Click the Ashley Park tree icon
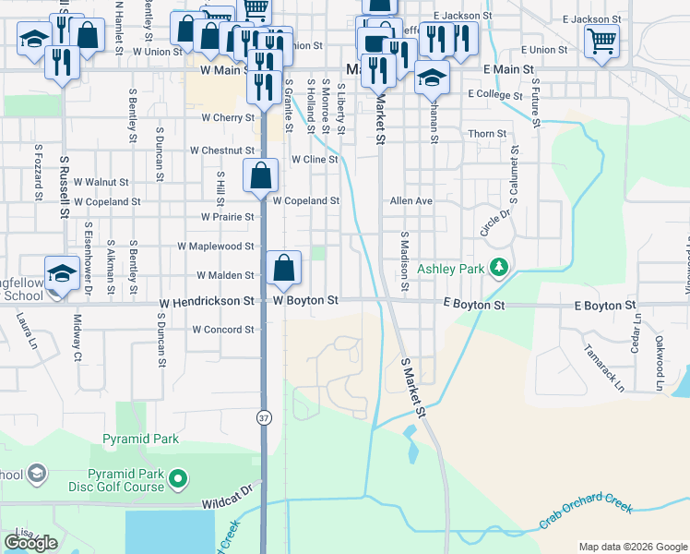click(x=500, y=268)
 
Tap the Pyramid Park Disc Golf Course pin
click(x=180, y=479)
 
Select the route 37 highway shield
click(x=265, y=417)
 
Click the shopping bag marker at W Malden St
click(x=285, y=268)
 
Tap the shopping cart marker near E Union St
click(x=601, y=41)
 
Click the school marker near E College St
click(x=431, y=79)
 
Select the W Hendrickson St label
click(x=206, y=302)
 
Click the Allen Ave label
click(x=411, y=200)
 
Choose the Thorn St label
click(x=487, y=134)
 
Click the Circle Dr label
click(x=494, y=223)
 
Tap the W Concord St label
click(x=222, y=330)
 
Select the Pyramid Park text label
click(x=140, y=440)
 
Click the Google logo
click(x=30, y=542)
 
